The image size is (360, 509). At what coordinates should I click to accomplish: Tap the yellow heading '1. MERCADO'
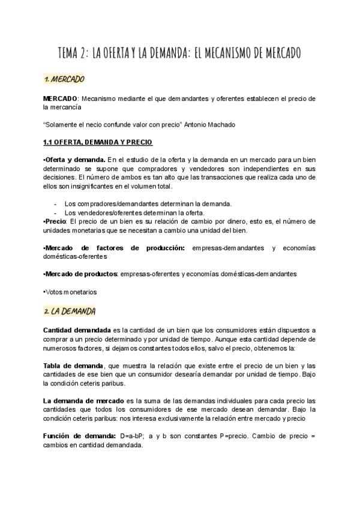pyautogui.click(x=64, y=79)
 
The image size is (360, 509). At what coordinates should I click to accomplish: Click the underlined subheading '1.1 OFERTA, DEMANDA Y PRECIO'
pyautogui.click(x=98, y=142)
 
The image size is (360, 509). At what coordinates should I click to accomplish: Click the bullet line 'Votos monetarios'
pyautogui.click(x=70, y=292)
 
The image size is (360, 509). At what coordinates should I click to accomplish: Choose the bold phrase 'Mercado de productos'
pyautogui.click(x=80, y=274)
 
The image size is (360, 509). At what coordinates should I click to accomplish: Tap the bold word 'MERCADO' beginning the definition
pyautogui.click(x=60, y=98)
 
